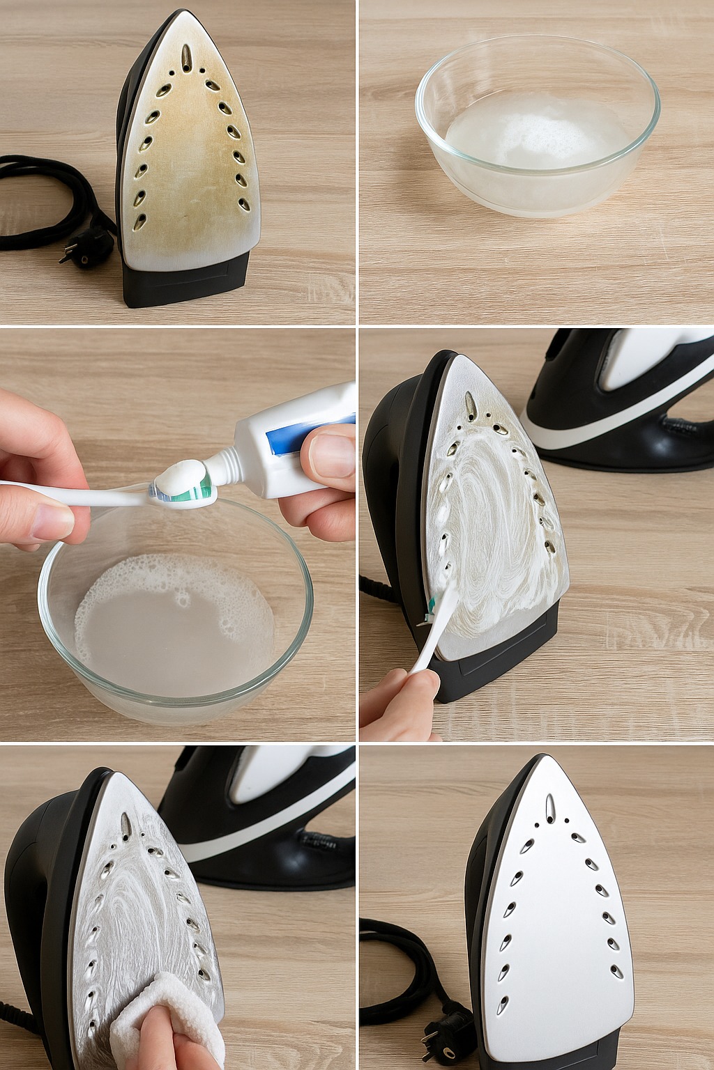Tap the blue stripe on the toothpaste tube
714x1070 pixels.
click(286, 444)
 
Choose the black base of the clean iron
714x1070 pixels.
click(551, 1055)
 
